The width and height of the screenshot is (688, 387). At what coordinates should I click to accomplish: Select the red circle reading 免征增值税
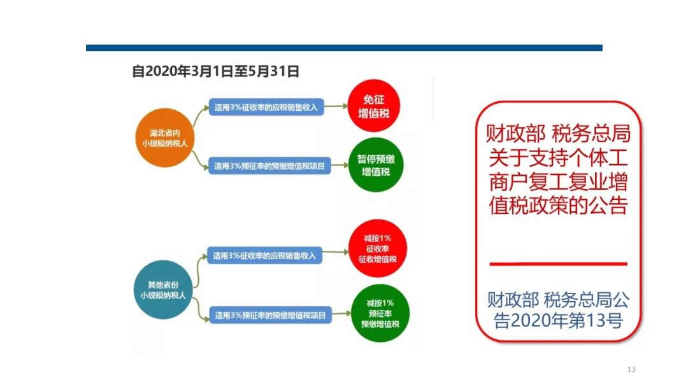pos(374,106)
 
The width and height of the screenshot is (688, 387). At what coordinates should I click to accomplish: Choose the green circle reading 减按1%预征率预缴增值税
pos(380,313)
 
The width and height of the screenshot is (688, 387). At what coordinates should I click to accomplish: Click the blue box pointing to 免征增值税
pos(267,107)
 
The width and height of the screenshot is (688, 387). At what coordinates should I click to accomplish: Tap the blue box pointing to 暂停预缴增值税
pos(269,167)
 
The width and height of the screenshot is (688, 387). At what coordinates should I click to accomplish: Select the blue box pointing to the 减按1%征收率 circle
pos(264,256)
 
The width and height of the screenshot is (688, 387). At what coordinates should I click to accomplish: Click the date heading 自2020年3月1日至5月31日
pos(216,71)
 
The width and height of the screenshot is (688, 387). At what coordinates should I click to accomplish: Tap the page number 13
pos(632,370)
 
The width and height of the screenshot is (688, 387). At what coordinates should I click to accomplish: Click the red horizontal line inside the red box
pos(558,264)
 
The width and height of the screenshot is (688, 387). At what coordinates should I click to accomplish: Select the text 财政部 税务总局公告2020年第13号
pos(558,309)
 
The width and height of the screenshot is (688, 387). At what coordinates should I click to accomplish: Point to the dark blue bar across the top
pos(344,48)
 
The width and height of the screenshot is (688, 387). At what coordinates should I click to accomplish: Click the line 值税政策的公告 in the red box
pos(558,206)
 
